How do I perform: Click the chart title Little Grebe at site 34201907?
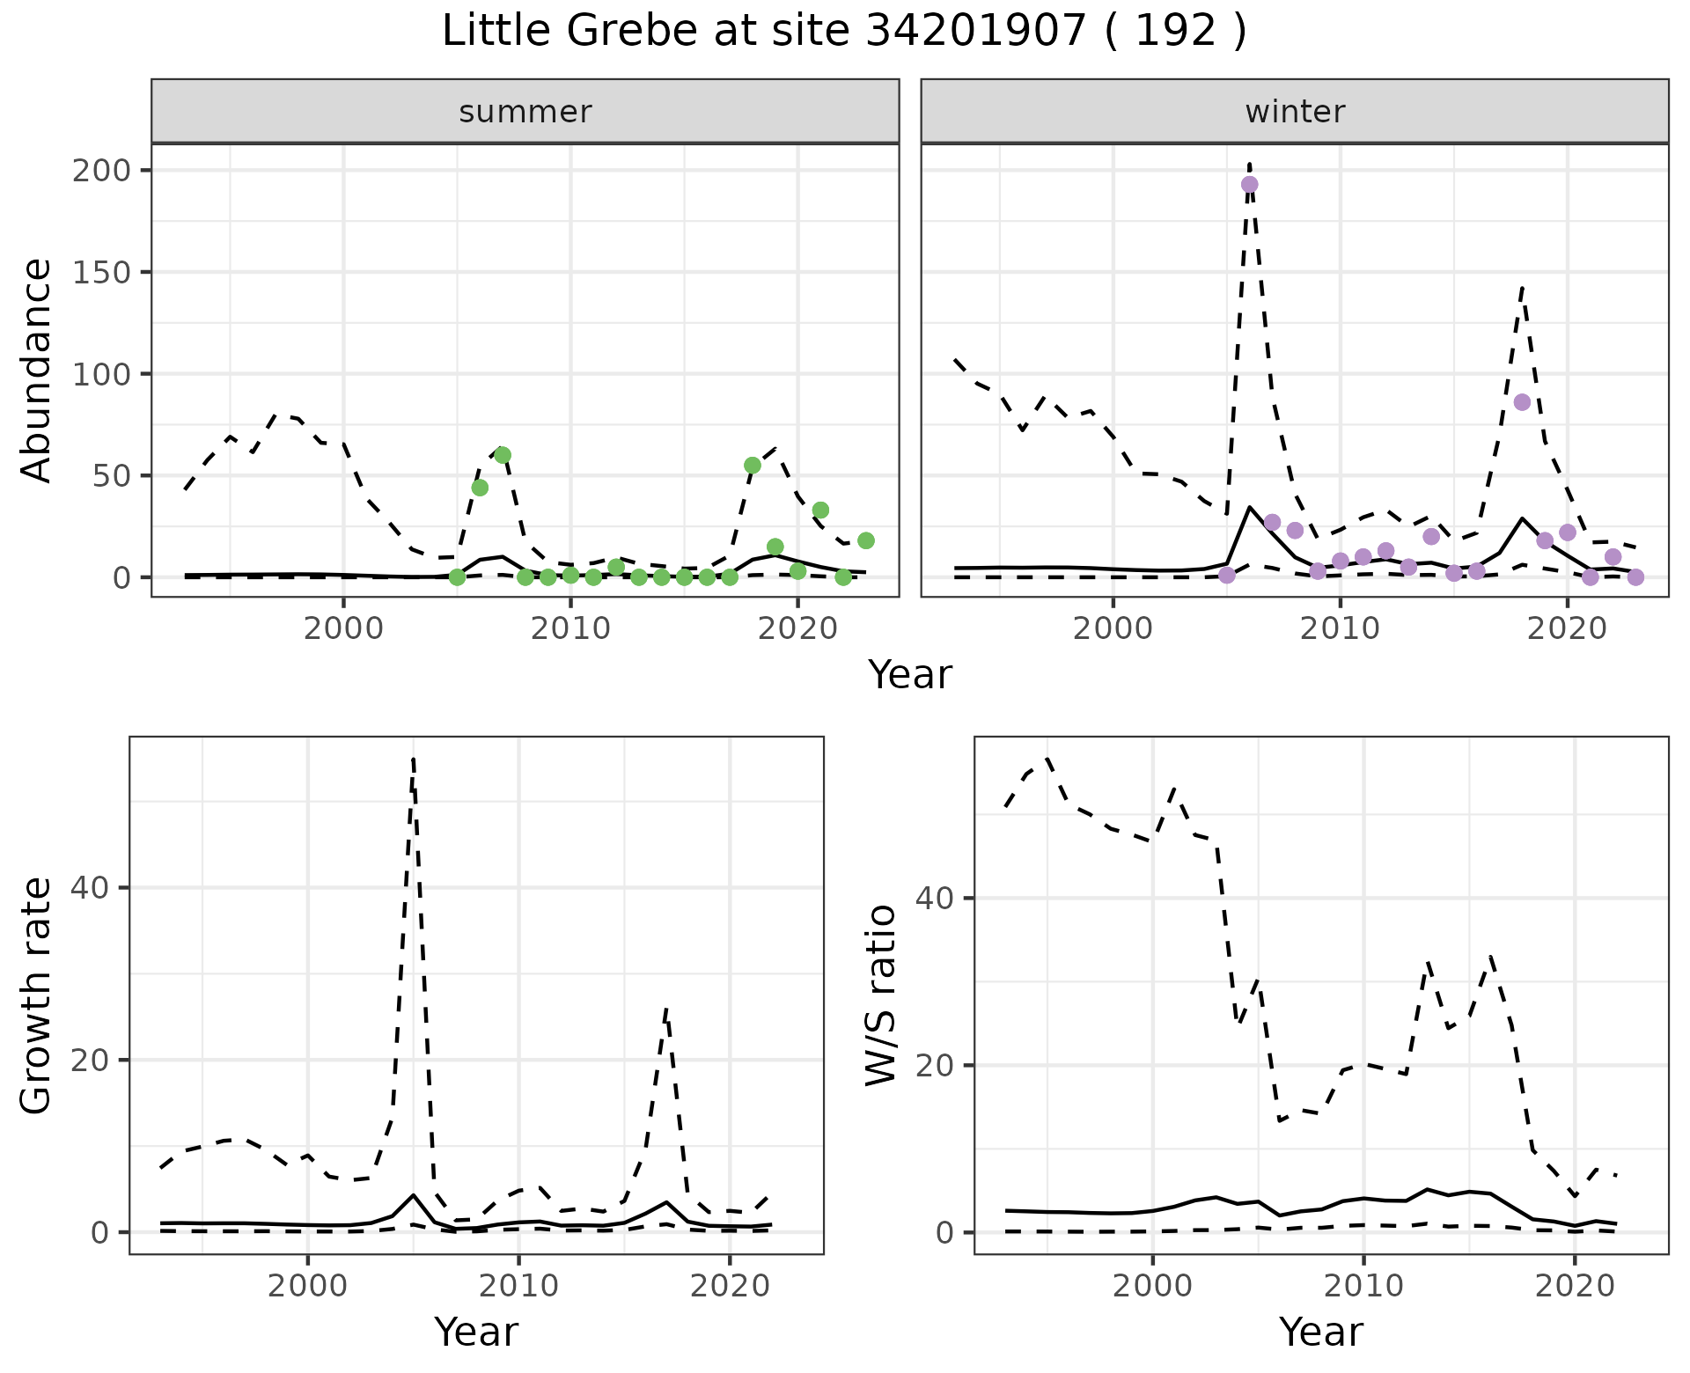click(x=843, y=32)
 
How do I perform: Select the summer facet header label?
click(x=525, y=112)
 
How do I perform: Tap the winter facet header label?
click(x=1295, y=112)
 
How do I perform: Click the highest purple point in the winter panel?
click(x=1249, y=184)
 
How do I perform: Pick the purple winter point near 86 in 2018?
click(x=1522, y=402)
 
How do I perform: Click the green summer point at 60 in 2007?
click(x=503, y=455)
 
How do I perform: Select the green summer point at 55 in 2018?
click(x=753, y=465)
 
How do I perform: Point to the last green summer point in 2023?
click(x=866, y=540)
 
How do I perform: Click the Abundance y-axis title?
click(x=37, y=371)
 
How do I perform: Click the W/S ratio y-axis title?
click(x=881, y=995)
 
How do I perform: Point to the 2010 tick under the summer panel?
click(x=570, y=628)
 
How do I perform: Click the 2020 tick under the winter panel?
click(x=1567, y=628)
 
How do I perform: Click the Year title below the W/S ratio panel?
click(x=1321, y=1332)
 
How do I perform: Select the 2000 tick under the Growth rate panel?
click(x=307, y=1286)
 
